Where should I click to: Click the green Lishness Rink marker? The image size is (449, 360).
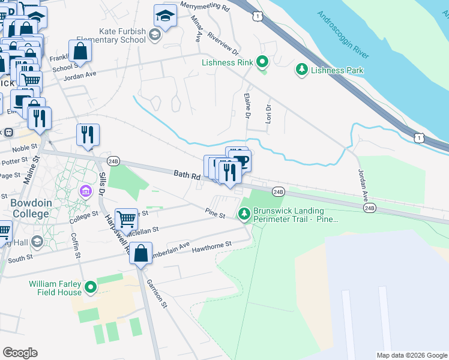[262, 62]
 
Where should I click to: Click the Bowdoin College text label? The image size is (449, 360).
[29, 208]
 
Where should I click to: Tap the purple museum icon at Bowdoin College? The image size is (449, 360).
[86, 191]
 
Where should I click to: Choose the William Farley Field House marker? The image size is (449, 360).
[91, 288]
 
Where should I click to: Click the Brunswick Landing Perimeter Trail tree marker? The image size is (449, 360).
[244, 214]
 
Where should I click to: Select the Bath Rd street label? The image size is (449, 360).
[186, 175]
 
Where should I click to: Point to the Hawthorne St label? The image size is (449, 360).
[211, 245]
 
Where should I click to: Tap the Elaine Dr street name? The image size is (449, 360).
[247, 105]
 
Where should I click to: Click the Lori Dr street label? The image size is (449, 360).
[269, 115]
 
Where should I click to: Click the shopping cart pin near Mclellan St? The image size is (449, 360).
[126, 220]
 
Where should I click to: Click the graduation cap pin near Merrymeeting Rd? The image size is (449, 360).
[165, 17]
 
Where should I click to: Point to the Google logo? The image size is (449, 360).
[20, 353]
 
